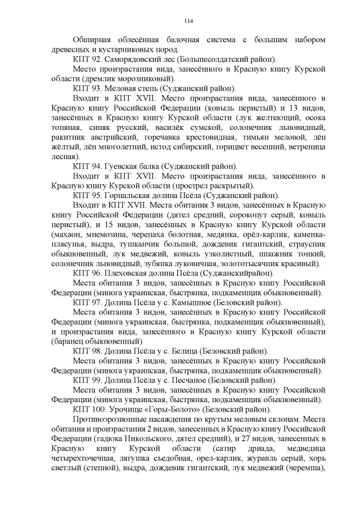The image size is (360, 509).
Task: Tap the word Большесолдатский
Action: point(217,58)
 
